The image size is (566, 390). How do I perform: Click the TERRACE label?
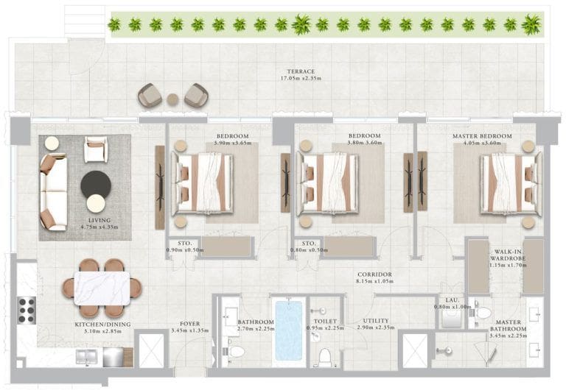(301, 71)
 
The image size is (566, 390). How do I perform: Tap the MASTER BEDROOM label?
(482, 136)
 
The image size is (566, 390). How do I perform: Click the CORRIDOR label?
(374, 274)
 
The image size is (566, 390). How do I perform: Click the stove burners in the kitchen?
(27, 310)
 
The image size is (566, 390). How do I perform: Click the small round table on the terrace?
(172, 99)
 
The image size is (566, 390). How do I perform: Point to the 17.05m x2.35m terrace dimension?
(301, 78)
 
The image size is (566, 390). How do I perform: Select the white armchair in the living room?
(95, 149)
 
